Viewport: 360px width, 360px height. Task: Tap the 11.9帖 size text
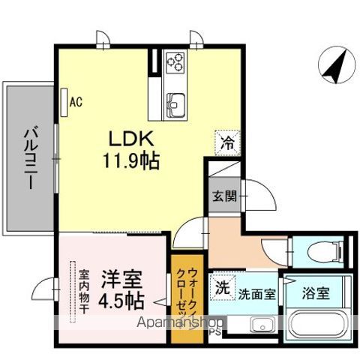[131, 160]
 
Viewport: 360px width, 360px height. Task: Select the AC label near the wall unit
[75, 101]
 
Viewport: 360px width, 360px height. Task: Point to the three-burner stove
[175, 61]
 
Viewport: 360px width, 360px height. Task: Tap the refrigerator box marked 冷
[226, 140]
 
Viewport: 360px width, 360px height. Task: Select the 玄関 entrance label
[223, 196]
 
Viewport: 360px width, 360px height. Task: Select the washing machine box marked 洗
[222, 287]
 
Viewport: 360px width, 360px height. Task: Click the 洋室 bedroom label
[119, 277]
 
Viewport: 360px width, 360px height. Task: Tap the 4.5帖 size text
[119, 300]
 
